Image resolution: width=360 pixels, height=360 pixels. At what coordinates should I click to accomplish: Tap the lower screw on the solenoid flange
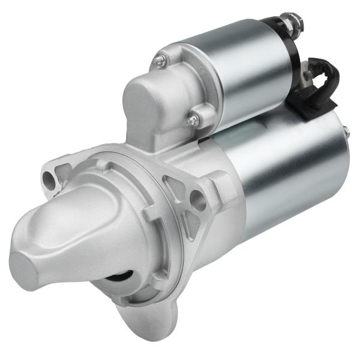[x=192, y=121]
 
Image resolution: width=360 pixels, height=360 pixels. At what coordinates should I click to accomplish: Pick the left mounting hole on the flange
[x=49, y=178]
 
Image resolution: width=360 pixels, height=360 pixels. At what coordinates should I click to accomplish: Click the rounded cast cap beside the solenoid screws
[x=147, y=102]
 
